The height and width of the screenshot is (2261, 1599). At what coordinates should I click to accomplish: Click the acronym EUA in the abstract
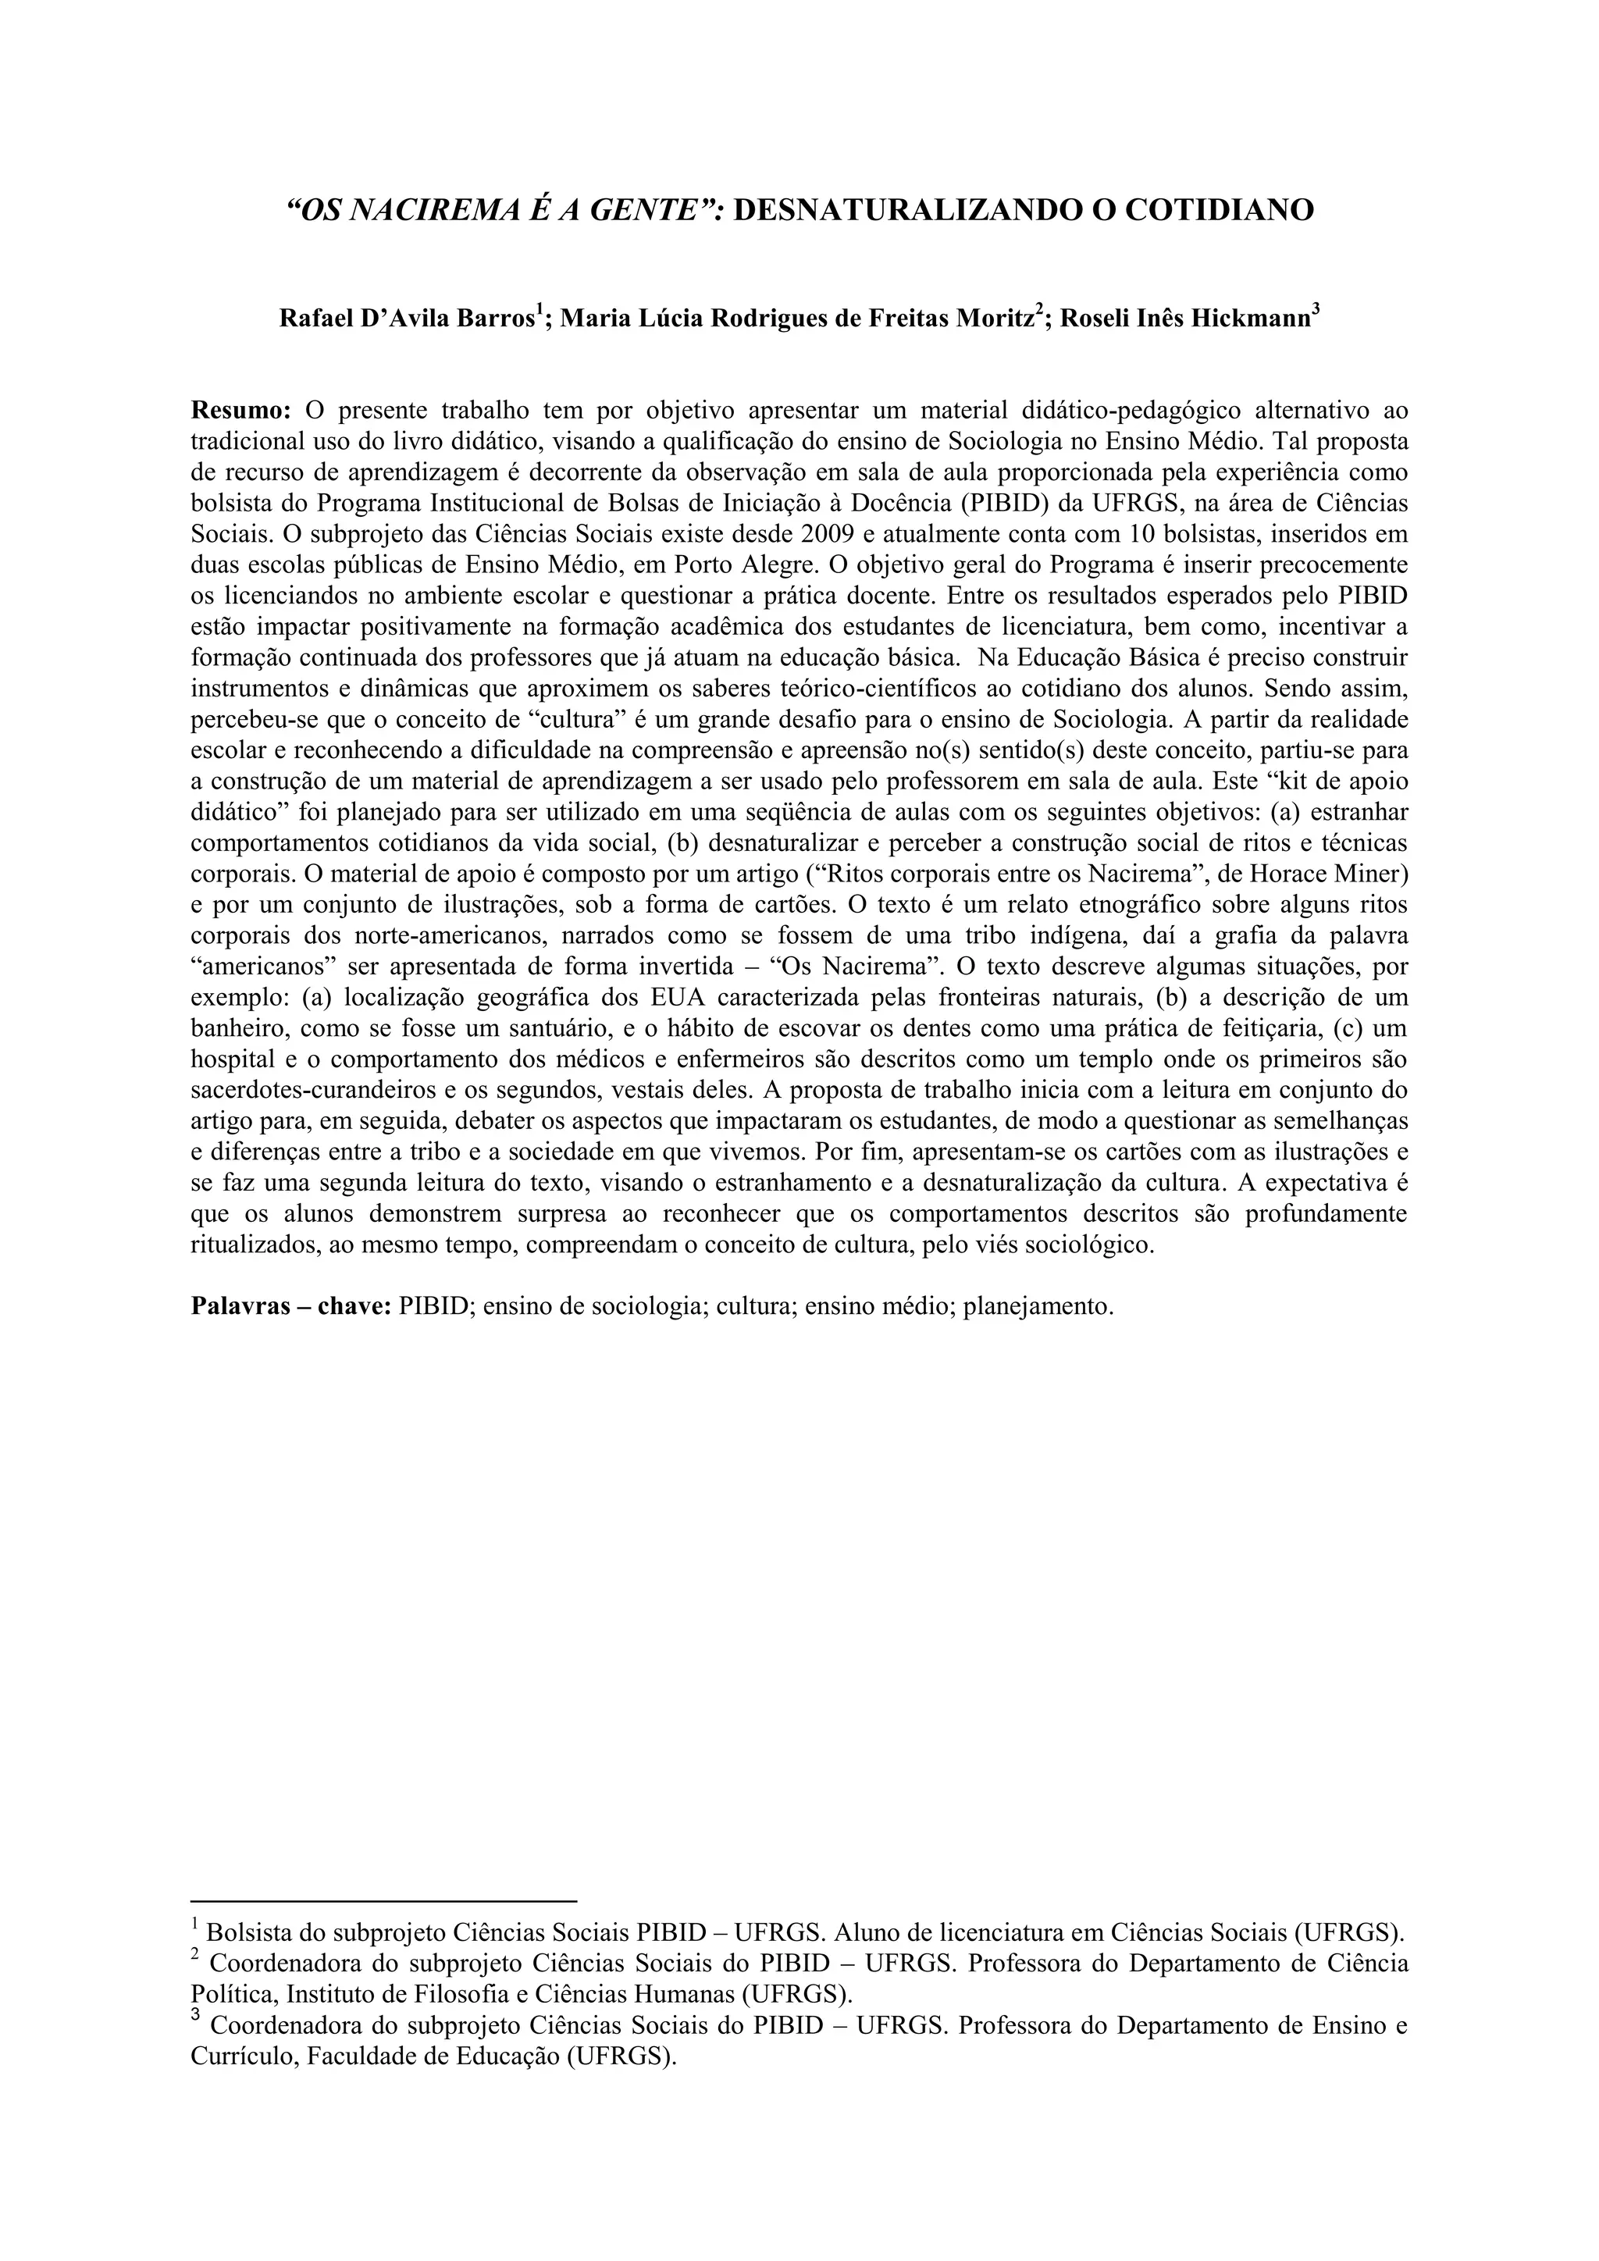coord(682,996)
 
